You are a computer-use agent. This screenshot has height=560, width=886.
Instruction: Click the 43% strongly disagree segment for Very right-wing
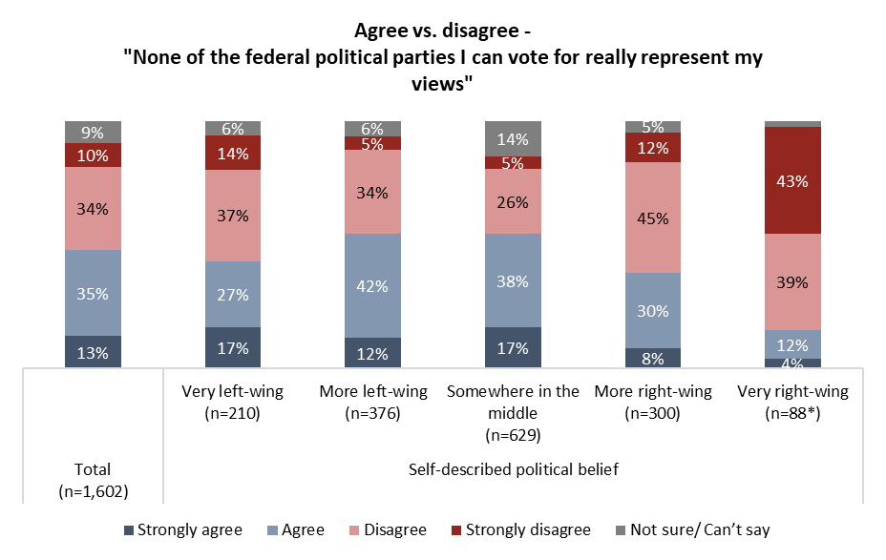point(793,180)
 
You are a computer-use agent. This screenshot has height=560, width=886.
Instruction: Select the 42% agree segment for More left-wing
point(371,285)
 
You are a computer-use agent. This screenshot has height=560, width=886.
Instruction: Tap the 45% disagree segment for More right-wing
point(653,218)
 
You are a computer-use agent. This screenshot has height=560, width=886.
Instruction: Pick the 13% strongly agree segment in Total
point(93,351)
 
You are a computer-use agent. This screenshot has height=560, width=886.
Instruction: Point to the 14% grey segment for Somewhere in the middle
point(513,138)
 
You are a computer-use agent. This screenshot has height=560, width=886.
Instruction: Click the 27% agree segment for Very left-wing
point(232,294)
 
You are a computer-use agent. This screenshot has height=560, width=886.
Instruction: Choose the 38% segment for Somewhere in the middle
point(513,280)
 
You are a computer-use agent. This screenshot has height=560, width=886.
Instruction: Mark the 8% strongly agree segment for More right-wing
point(653,357)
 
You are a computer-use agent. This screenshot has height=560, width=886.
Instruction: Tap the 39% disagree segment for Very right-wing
point(793,281)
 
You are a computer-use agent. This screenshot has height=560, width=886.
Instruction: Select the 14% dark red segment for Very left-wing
point(232,153)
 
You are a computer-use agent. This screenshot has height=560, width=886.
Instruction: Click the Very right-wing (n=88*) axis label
point(792,402)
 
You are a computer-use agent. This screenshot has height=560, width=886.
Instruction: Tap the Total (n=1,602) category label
point(93,479)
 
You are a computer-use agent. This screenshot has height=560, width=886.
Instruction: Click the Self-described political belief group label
point(513,469)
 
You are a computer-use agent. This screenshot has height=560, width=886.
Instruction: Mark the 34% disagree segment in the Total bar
point(93,208)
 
